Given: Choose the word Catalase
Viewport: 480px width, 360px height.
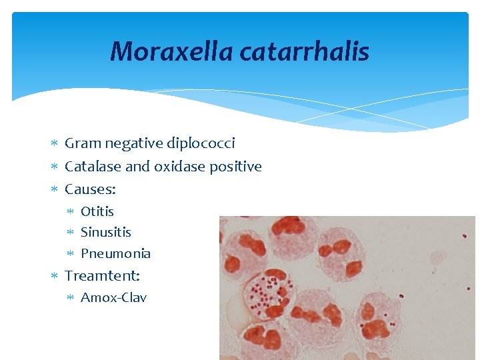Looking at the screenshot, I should [93, 166].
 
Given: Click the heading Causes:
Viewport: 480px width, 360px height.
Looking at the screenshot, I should [90, 189].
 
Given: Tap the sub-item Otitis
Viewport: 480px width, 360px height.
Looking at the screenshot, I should [97, 211].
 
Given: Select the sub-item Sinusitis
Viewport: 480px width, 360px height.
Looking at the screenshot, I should [106, 232].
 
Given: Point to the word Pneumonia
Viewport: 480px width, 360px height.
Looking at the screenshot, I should [115, 253].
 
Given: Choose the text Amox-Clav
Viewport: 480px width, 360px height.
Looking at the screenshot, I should [113, 297].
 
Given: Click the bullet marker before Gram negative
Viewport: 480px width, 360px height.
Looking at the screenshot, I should [55, 143].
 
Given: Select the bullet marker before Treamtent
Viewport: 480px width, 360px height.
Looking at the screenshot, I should [55, 275].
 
